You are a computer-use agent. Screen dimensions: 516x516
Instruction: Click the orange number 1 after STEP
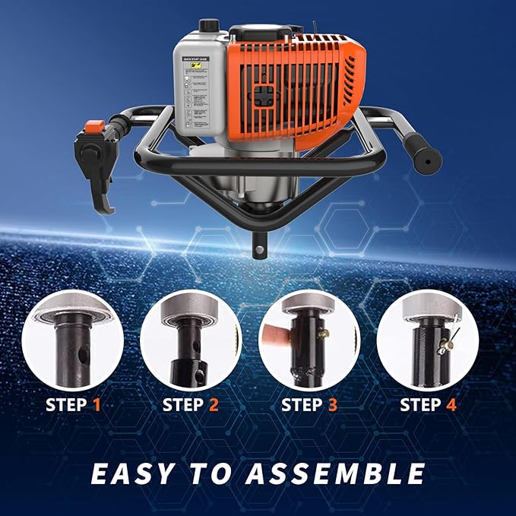[x=97, y=405]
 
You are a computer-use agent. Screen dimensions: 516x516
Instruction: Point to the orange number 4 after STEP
[x=451, y=405]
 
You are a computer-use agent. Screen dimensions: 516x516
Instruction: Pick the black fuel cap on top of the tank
[x=208, y=26]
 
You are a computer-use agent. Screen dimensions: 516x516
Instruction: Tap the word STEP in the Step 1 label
[x=66, y=405]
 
